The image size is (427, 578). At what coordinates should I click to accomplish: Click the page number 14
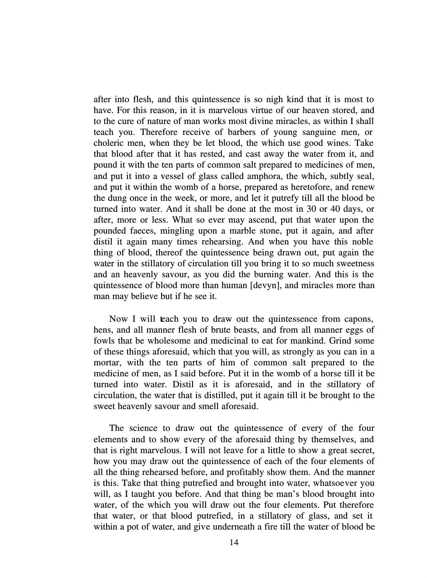(x=234, y=542)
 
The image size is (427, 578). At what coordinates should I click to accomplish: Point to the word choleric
(x=107, y=143)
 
